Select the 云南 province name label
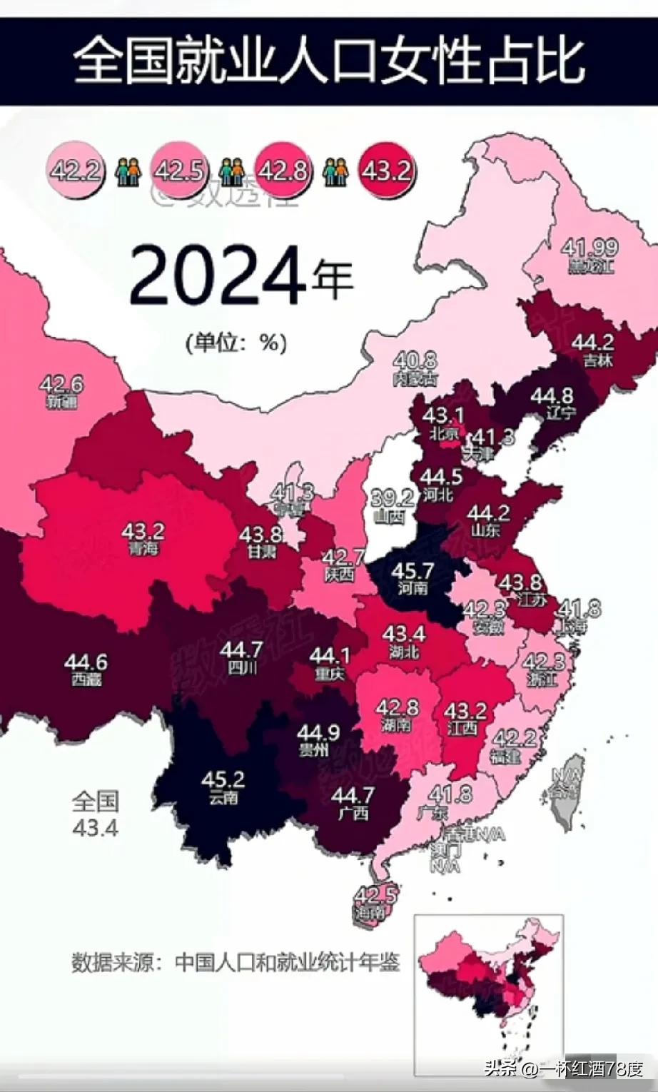(x=223, y=798)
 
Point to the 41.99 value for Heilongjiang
(x=589, y=248)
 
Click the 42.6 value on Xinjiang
(x=61, y=385)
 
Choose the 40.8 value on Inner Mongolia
(x=415, y=361)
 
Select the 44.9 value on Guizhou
(x=318, y=733)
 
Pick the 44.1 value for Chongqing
(x=330, y=655)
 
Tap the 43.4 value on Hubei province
(x=404, y=634)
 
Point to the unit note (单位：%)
(x=236, y=343)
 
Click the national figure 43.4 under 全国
(x=95, y=828)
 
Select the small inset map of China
(x=490, y=989)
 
